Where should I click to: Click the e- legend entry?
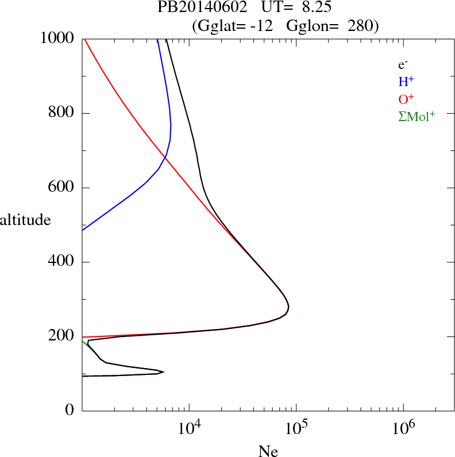[x=403, y=65]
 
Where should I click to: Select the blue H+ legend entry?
[x=406, y=82]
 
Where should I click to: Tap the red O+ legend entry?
[x=406, y=99]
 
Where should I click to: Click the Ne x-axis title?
[x=268, y=451]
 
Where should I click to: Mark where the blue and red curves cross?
[x=165, y=157]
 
